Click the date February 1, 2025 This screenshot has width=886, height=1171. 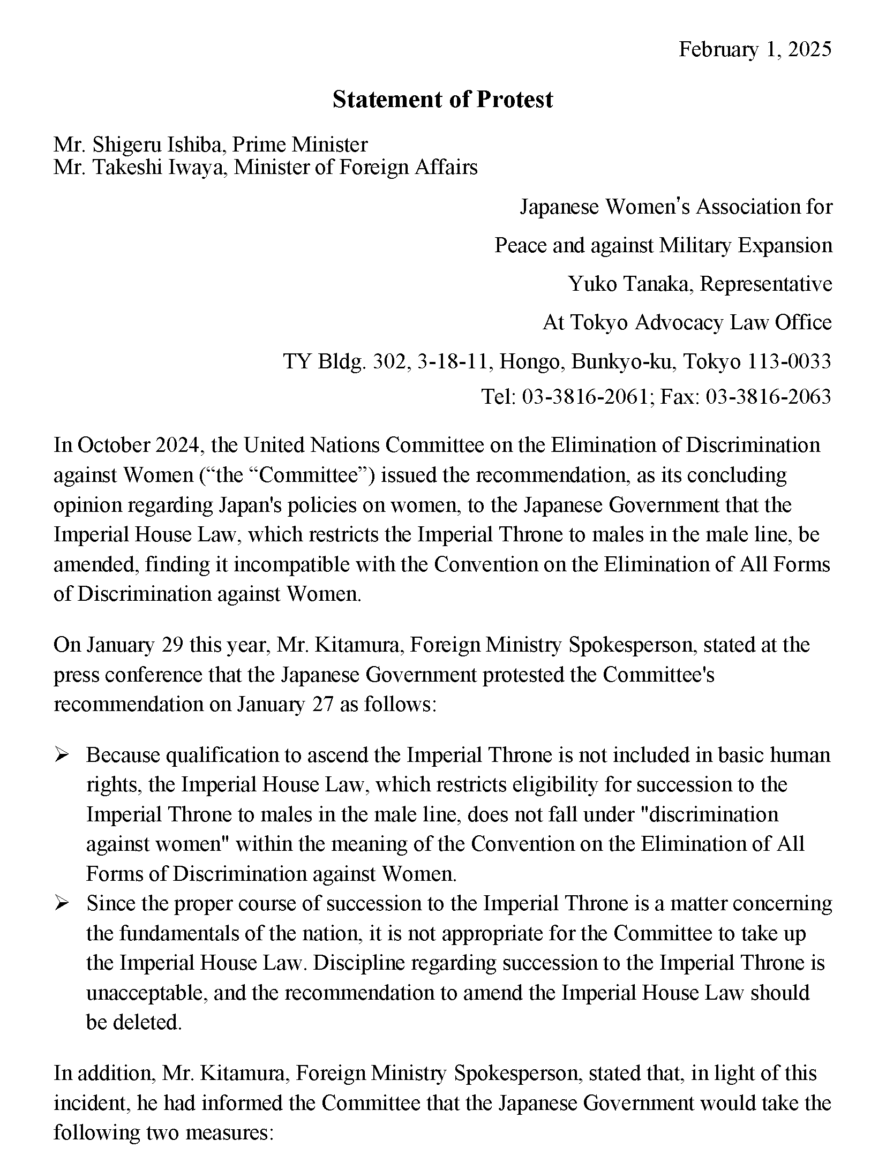pyautogui.click(x=755, y=49)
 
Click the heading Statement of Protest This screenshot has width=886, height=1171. pyautogui.click(x=442, y=100)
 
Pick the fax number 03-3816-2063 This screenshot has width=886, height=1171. pyautogui.click(x=769, y=397)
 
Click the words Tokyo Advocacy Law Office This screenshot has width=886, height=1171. pyautogui.click(x=687, y=323)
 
